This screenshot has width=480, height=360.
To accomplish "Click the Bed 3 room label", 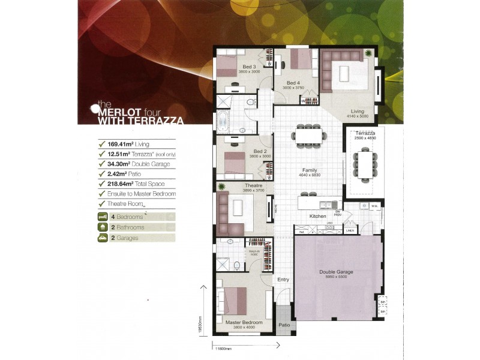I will coord(250,67).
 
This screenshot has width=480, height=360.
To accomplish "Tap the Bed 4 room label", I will coord(293,83).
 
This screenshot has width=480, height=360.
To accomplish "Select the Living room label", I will coord(358,111).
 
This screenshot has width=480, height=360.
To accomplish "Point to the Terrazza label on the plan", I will coord(364,133).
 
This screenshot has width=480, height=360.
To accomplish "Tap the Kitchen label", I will coord(317,216).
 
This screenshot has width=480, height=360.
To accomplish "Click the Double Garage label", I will coord(336,272).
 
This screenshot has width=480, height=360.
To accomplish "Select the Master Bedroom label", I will coord(244,322).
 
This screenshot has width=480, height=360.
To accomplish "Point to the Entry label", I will coord(283,280).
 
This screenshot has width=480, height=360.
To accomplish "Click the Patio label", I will coord(284,325).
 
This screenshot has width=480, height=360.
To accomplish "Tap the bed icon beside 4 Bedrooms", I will coord(101,216).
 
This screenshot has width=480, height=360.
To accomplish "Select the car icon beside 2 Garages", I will coord(101,238).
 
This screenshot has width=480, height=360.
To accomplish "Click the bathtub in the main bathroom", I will coord(223,122).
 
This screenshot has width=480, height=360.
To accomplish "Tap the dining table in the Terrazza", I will coord(364,164).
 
